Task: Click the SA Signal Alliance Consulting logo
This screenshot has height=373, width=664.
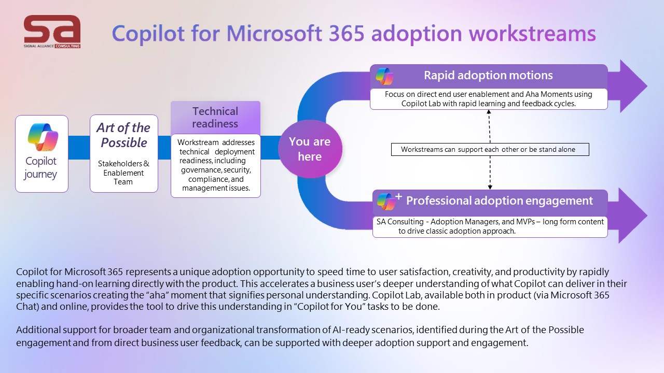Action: click(x=52, y=32)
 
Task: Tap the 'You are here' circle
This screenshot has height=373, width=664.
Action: click(x=310, y=149)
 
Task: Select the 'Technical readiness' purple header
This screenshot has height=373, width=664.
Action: click(x=215, y=118)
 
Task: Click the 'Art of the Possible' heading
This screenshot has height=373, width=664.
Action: click(x=123, y=135)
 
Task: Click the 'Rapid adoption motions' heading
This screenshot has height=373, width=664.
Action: click(x=488, y=76)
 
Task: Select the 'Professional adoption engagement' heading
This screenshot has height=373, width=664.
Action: click(x=499, y=201)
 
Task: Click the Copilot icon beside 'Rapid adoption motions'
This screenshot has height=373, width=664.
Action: click(x=384, y=76)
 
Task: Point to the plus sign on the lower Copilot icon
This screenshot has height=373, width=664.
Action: click(x=398, y=196)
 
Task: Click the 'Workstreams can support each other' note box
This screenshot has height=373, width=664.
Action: click(x=490, y=150)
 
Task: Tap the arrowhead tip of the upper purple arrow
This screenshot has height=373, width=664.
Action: click(x=646, y=86)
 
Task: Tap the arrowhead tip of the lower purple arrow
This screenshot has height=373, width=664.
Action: click(x=646, y=216)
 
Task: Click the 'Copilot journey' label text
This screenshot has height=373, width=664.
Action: click(x=41, y=167)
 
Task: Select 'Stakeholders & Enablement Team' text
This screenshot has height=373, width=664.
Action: click(x=123, y=173)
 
